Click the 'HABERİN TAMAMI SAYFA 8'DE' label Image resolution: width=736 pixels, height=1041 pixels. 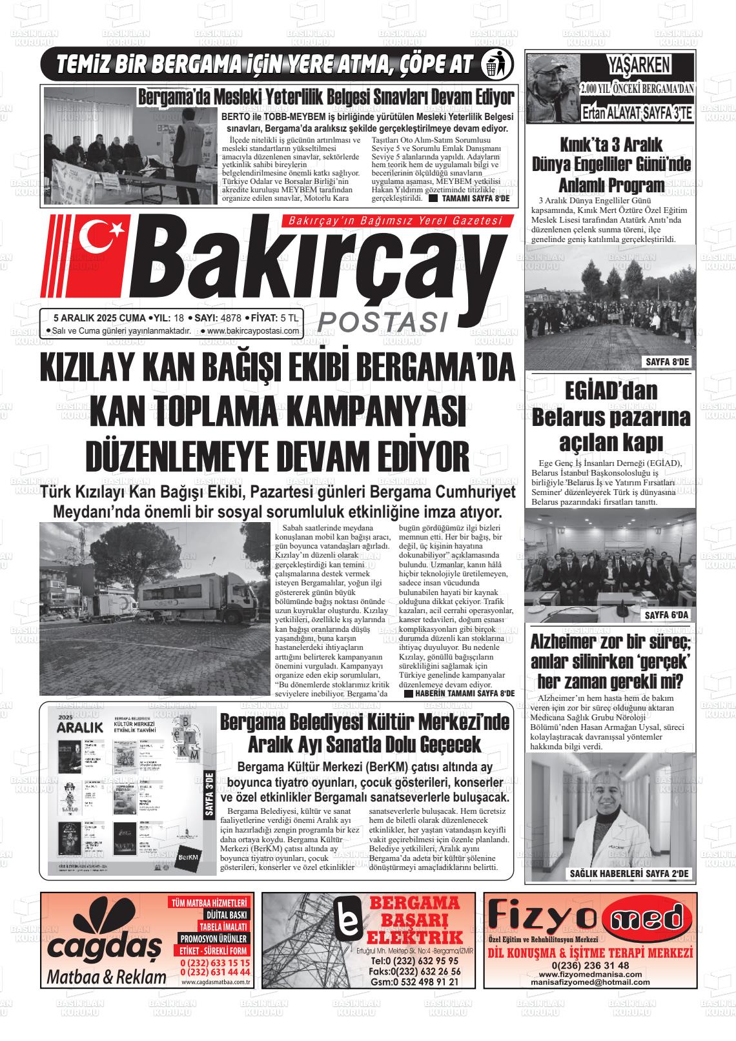463,693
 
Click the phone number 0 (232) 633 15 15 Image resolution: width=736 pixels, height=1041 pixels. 215,963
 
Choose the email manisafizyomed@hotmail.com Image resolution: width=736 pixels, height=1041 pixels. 590,982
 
